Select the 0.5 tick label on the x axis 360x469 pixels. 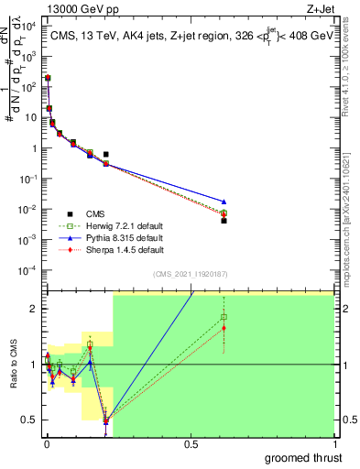tap(191, 443)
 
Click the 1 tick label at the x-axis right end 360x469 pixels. tap(333, 443)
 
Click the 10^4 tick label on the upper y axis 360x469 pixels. tap(29, 26)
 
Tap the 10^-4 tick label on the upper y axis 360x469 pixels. tap(29, 269)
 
